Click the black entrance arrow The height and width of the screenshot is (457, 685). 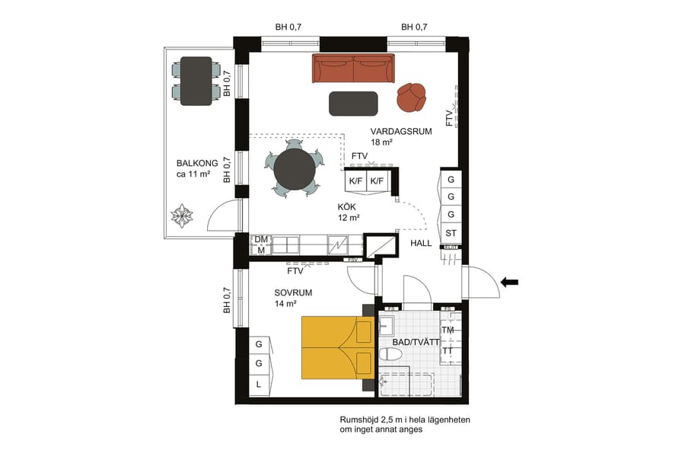pos(509,283)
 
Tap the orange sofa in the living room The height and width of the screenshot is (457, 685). pos(353,69)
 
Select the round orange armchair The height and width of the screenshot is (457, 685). pos(411,97)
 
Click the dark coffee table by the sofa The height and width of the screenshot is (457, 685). pos(353,104)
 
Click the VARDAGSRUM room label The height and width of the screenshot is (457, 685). pos(401,131)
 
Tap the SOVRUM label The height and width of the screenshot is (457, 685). pos(293,292)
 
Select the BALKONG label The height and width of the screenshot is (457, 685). pos(197,163)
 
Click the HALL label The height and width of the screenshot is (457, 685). pos(421,244)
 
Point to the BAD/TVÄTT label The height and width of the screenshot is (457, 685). pos(416,343)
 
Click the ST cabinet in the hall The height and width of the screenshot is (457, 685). pos(451,232)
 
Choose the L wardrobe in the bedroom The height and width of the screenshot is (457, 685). pos(259,385)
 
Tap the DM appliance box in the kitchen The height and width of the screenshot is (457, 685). pos(260,239)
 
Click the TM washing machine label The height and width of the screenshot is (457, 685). pos(448,331)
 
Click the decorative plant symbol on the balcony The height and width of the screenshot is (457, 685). pos(183,216)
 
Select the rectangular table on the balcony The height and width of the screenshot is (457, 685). pos(196,81)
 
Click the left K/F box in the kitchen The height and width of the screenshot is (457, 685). pos(355,181)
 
